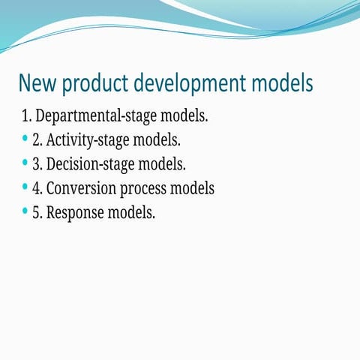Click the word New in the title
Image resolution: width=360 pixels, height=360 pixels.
(x=37, y=83)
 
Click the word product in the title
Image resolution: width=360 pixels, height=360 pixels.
(x=96, y=84)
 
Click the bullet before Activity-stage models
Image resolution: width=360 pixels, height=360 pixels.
(x=25, y=139)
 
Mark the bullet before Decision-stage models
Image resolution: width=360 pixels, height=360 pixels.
(x=25, y=162)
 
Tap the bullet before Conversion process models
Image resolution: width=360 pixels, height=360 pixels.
(x=25, y=186)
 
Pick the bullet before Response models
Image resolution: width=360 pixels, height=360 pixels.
(x=25, y=210)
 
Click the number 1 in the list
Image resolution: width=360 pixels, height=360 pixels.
(x=27, y=117)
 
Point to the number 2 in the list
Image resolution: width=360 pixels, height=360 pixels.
(x=37, y=140)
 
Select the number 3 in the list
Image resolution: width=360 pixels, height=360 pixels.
(x=37, y=163)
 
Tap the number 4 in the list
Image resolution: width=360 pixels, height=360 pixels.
(x=37, y=187)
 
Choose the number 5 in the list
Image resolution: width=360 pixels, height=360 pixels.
(x=37, y=211)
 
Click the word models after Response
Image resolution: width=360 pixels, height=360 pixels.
(x=132, y=211)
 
